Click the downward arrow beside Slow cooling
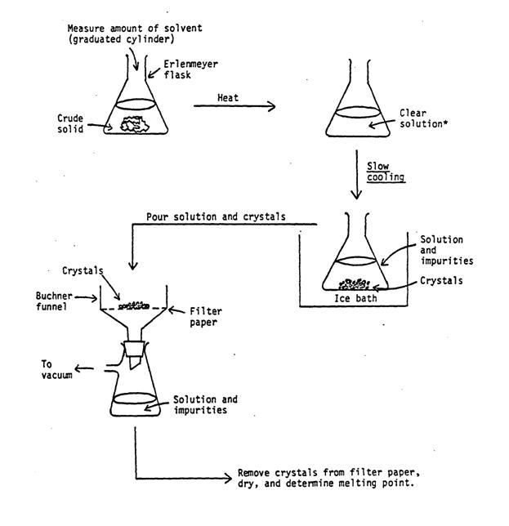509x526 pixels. (x=355, y=176)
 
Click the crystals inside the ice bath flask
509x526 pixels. (x=354, y=285)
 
